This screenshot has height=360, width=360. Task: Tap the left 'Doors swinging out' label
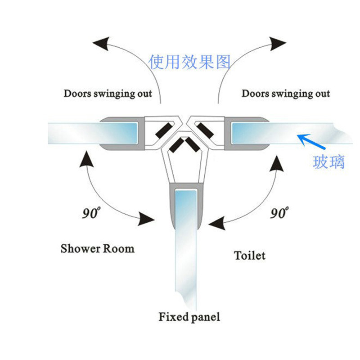coord(108,94)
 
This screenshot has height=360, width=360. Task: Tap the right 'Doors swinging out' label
coord(285,94)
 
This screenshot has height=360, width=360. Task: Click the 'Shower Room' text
coord(97,248)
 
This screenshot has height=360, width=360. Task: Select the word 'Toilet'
coord(249,256)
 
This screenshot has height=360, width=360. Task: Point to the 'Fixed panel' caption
coord(189,317)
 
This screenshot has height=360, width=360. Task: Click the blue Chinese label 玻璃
coord(328,162)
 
